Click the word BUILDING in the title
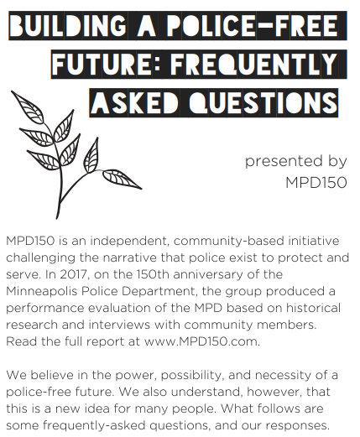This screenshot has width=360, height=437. (x=68, y=25)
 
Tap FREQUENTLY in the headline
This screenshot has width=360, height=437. (x=253, y=64)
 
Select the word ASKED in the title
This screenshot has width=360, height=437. (x=135, y=102)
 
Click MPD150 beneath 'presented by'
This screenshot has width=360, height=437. (x=316, y=183)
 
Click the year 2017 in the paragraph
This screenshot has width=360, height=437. (x=75, y=274)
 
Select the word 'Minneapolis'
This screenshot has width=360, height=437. (x=42, y=291)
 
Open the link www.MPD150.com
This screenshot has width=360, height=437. (x=202, y=341)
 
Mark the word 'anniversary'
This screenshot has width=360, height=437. (x=208, y=274)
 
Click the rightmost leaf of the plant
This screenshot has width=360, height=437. (x=122, y=179)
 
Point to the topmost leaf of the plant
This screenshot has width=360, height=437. (x=27, y=106)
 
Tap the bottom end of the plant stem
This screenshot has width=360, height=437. (x=57, y=218)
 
